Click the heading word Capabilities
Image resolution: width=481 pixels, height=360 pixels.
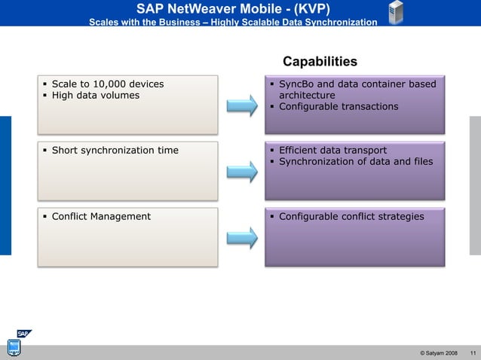coord(320,61)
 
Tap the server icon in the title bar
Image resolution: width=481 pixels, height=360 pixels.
coord(395,13)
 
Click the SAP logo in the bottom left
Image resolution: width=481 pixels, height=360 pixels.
coord(24,334)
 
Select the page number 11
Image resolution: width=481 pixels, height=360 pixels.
coord(472,353)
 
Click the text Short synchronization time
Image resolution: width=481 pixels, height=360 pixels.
coord(115,150)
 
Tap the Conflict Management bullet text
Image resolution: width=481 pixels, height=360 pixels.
coord(100,216)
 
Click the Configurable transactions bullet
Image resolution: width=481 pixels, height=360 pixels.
coord(339,106)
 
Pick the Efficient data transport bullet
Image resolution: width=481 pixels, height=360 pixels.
coord(332,150)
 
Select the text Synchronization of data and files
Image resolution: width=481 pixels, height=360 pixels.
coord(356,161)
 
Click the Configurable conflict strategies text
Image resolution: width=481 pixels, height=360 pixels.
coord(351,216)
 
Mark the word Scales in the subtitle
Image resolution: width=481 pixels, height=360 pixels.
coord(106,22)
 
